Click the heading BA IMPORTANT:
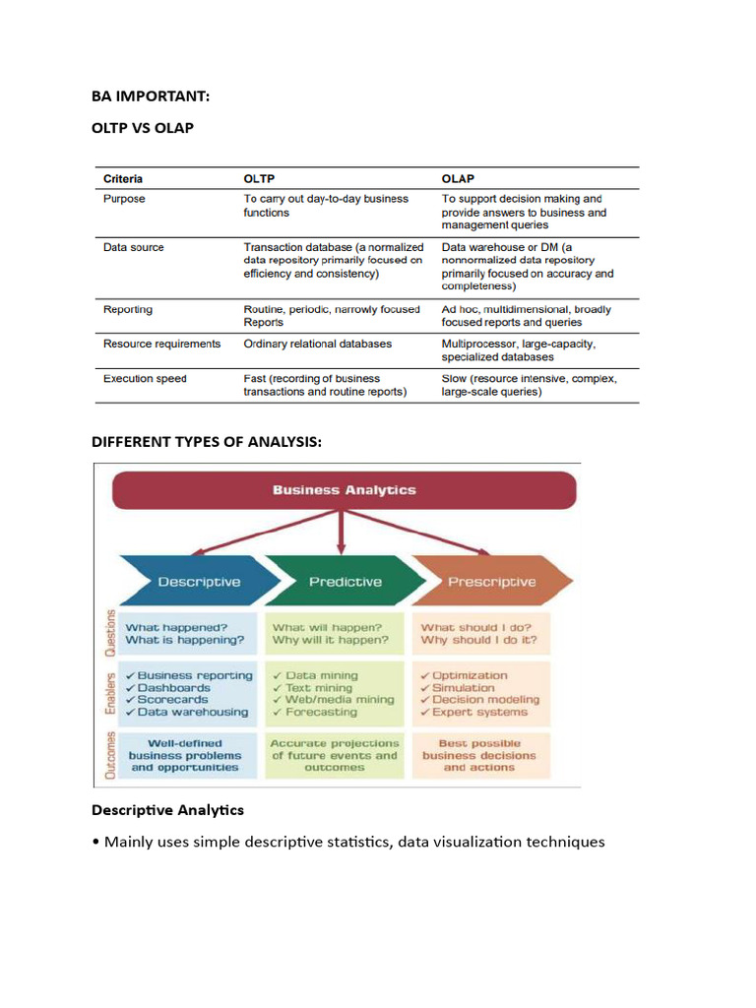151,95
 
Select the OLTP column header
261,178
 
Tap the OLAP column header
458,178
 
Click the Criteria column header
123,178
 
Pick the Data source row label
133,247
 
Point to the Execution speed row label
145,378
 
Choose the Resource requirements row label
161,344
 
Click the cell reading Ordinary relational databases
317,344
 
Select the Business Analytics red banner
344,490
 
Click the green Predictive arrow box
345,581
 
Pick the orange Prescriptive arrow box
491,581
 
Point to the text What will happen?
326,627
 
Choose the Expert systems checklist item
479,712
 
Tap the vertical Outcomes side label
109,755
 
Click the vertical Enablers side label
109,694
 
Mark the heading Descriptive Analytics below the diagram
167,810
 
